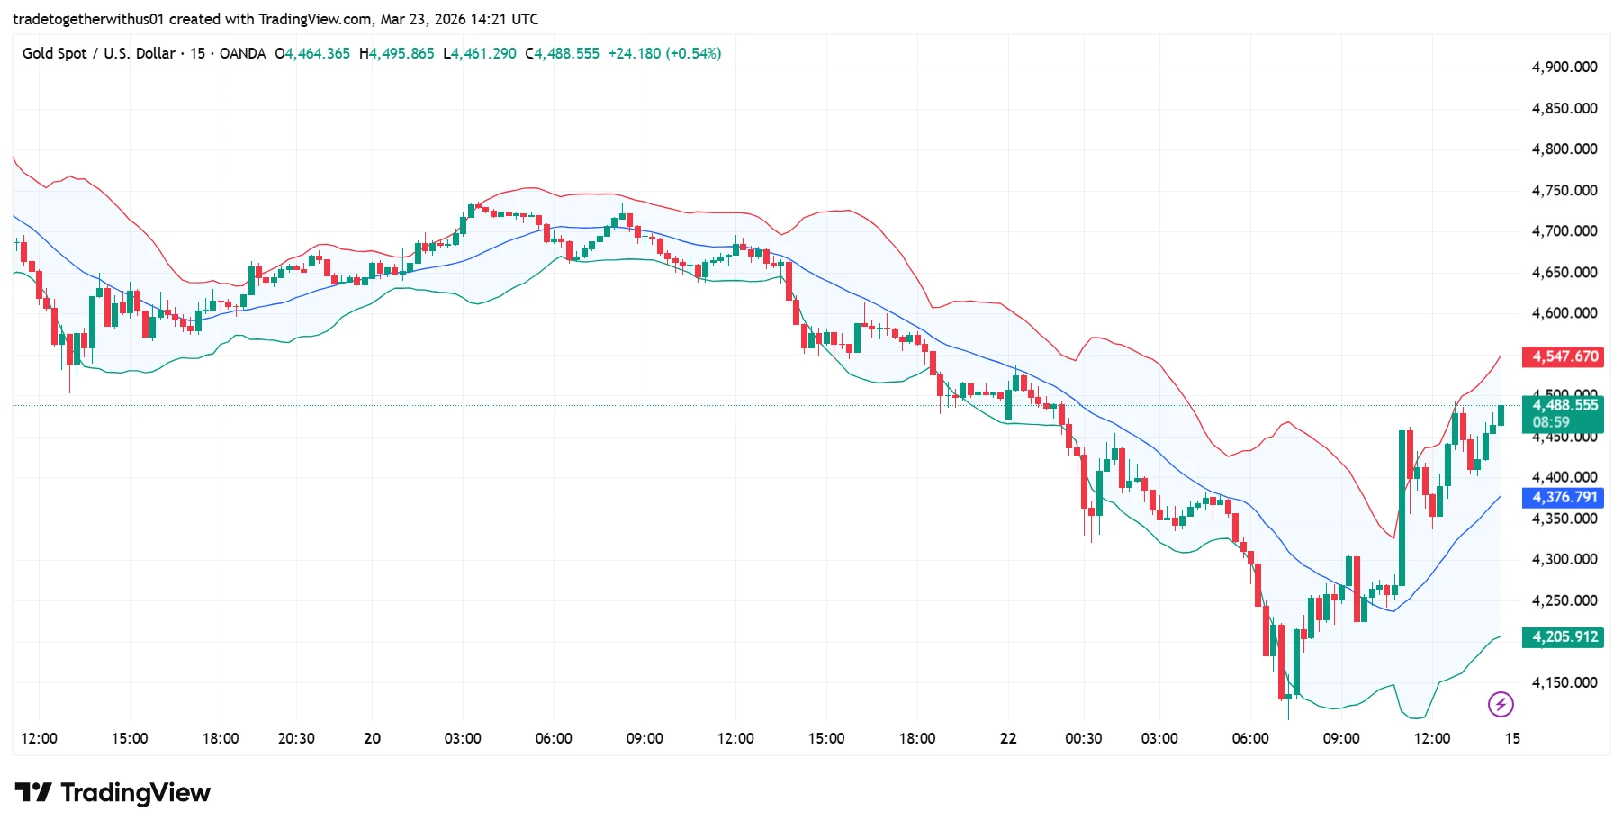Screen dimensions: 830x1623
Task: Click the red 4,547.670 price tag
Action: pos(1564,356)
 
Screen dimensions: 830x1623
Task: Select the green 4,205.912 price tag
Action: pos(1564,637)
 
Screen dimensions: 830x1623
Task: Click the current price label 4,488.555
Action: pos(1564,405)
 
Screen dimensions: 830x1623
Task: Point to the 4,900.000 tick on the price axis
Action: pos(1564,67)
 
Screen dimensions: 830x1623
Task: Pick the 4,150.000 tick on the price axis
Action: pos(1564,682)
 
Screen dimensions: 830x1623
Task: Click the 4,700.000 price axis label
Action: pos(1564,231)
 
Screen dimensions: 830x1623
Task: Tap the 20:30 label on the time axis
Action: pos(296,738)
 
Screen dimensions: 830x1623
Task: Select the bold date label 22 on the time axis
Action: pos(1008,738)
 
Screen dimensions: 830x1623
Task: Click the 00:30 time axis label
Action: pos(1083,738)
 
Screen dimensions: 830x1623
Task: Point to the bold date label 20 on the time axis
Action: pos(372,738)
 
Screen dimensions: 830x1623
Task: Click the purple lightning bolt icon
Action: pos(1501,704)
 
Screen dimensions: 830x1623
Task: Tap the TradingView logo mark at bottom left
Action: pos(33,792)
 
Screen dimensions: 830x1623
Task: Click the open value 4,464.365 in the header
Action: pos(317,54)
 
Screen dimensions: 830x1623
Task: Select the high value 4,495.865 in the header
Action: pos(401,54)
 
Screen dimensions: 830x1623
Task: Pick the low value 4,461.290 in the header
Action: pos(483,54)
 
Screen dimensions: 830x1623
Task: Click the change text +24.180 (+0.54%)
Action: pos(664,54)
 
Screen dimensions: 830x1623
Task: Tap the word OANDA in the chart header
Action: pos(242,54)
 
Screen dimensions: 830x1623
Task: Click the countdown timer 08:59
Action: pos(1551,422)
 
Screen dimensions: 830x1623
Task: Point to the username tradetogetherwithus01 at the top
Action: pos(88,19)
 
